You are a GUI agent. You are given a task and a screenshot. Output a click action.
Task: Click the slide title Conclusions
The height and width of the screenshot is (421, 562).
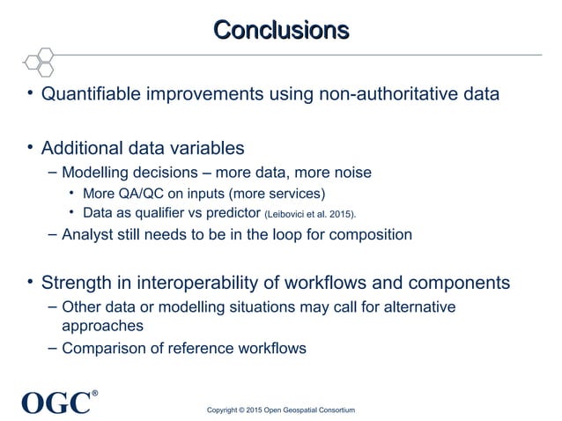pos(281,30)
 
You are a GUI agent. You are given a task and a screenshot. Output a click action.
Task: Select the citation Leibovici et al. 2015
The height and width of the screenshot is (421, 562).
pos(309,214)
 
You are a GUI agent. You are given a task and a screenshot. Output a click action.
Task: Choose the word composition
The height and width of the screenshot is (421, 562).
pos(367,235)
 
